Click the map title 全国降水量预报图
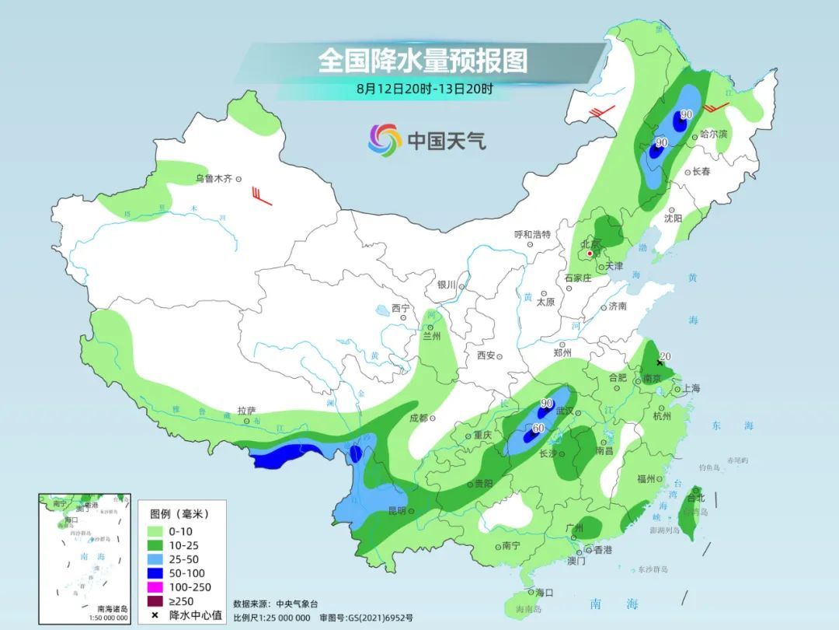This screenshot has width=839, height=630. [423, 60]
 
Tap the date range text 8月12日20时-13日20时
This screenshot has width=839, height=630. [424, 88]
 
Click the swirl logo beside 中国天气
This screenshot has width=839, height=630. [385, 140]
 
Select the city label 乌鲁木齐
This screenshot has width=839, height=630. [214, 179]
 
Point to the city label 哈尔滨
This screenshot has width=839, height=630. [713, 135]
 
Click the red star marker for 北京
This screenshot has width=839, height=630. [590, 254]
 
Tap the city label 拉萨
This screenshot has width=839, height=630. [246, 411]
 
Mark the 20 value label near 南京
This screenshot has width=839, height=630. [665, 357]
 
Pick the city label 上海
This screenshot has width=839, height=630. [691, 388]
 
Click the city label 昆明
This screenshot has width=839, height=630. [395, 511]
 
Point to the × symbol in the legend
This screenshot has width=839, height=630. [155, 615]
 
